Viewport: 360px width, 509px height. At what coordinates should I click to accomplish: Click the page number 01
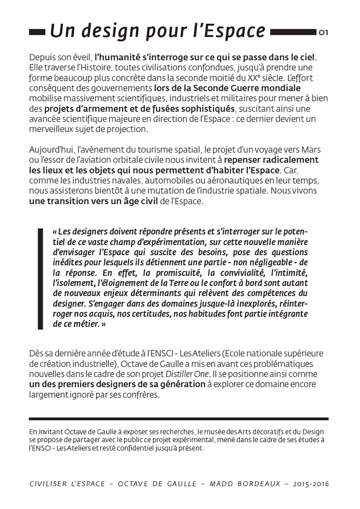point(323,33)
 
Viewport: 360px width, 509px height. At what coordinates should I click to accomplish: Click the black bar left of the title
point(37,32)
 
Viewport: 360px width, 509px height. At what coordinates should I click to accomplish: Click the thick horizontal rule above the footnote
point(178,419)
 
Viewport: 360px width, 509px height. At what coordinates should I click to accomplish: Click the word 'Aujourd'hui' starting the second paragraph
point(52,149)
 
